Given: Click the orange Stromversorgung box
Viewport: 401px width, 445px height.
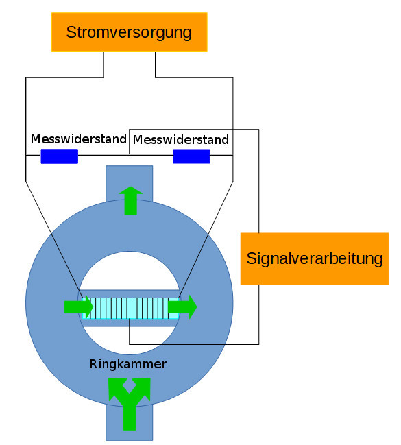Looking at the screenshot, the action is (x=130, y=32).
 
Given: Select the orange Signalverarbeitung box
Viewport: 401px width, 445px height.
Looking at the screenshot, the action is (x=315, y=258).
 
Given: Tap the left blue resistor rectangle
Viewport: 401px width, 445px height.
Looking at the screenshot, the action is (x=60, y=156).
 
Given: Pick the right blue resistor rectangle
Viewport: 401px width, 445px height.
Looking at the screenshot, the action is (x=191, y=156).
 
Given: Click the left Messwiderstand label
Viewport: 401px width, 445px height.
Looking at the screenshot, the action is (x=79, y=139).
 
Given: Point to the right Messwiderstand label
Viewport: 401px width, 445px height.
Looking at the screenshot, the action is (x=181, y=140).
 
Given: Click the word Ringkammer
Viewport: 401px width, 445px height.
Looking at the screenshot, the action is (x=128, y=364).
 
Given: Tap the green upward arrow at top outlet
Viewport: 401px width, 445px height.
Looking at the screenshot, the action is (x=130, y=201).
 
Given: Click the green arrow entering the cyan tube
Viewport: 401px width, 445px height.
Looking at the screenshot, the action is (x=79, y=306).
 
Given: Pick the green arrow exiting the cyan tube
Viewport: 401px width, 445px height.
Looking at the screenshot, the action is (x=182, y=306).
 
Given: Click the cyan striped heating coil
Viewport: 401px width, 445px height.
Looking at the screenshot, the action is (x=130, y=308).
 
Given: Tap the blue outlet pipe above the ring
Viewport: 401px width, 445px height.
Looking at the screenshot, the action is (x=130, y=183).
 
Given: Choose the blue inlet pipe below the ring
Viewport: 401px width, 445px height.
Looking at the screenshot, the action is (x=130, y=422).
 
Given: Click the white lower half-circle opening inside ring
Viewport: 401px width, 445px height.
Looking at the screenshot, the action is (x=130, y=340).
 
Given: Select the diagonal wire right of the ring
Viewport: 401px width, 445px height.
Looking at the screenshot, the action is (x=206, y=239).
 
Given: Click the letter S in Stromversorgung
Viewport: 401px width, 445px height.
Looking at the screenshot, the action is (x=71, y=32).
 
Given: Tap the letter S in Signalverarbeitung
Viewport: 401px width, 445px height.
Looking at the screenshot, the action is (x=252, y=258).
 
